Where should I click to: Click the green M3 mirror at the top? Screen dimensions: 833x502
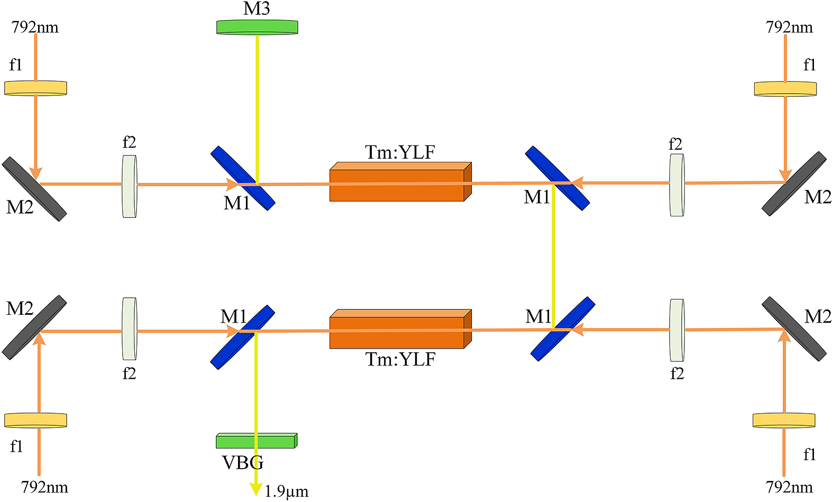coord(257,27)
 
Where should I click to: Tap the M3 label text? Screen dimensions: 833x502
coord(256,8)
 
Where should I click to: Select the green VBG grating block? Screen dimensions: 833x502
coord(257,441)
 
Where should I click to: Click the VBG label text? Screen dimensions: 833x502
coord(243,462)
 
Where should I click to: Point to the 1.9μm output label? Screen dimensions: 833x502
coord(286,491)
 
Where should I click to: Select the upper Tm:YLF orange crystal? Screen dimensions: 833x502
coord(400,182)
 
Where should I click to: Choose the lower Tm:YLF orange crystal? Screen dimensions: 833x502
coord(400,328)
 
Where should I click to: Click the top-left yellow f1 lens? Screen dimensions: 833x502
coord(36,88)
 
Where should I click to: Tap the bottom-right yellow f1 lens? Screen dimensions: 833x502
coord(784,420)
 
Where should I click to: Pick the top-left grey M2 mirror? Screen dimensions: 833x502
coord(34,189)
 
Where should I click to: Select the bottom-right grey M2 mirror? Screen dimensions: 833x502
coord(794,328)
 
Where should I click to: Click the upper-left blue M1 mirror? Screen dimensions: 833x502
coord(243,178)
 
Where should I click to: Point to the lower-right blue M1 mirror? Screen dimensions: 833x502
coord(563,328)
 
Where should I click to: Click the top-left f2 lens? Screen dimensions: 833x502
coord(130,186)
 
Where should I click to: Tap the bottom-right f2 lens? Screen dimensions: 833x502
coord(677,330)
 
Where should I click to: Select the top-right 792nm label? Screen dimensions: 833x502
coord(789,28)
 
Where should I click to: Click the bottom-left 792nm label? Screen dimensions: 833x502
coord(44,487)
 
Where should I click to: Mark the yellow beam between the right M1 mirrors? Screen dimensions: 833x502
coord(554,256)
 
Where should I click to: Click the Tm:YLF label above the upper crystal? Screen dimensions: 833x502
coord(400,152)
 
